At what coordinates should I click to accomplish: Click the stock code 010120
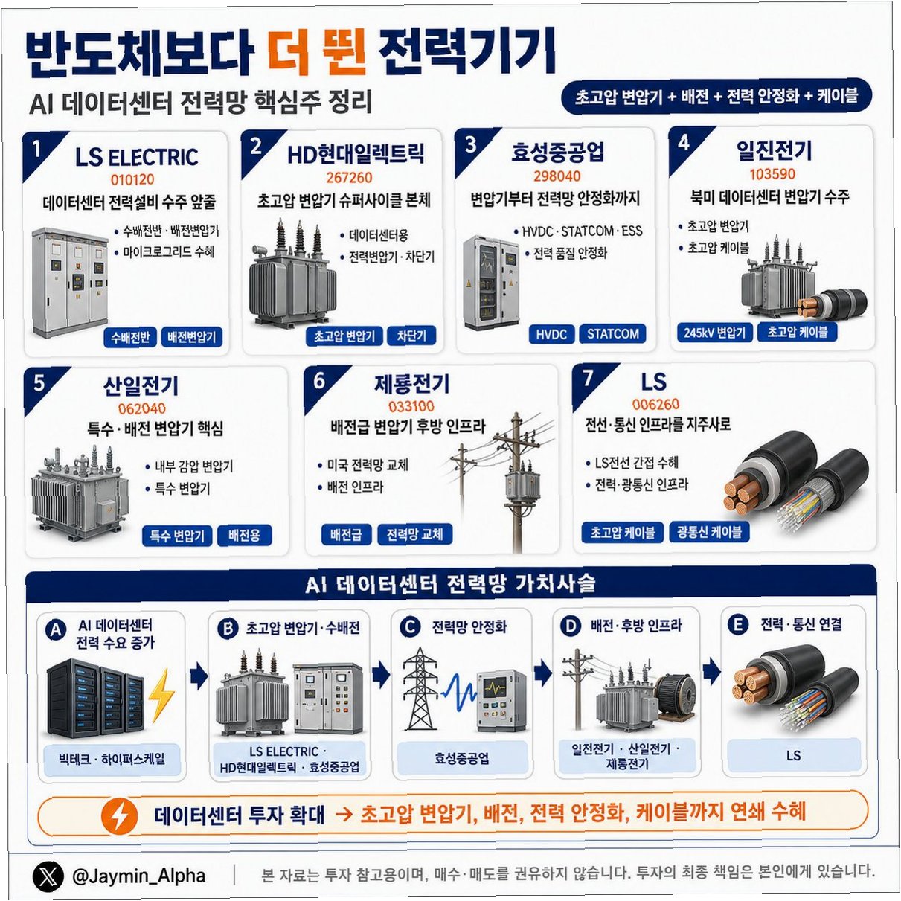coord(132,179)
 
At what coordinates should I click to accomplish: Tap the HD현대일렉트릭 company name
coord(356,154)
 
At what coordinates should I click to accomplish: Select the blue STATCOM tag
coord(612,334)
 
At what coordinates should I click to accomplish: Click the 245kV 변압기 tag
coord(714,333)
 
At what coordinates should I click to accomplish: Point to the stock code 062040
coord(141,408)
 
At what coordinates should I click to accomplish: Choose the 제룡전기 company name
coord(411,384)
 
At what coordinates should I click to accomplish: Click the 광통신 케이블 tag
coord(709,532)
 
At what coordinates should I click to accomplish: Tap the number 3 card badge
coord(470,145)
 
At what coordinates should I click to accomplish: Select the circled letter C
coord(410,626)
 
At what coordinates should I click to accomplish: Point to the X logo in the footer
coord(48,876)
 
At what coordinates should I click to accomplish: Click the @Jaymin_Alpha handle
coord(139,875)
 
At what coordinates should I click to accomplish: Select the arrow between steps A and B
coord(199,677)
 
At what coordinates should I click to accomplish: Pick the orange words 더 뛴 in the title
coord(318,51)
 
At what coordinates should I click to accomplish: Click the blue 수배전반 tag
coord(130,337)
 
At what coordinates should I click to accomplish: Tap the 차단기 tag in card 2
coord(411,336)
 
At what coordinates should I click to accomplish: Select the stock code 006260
coord(655,404)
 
